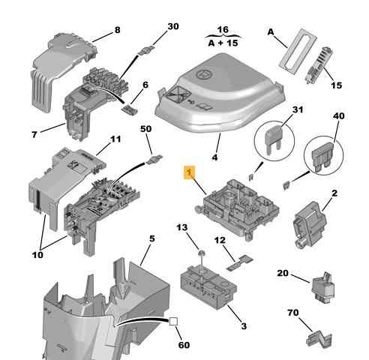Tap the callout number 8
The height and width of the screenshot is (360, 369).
(x=116, y=31)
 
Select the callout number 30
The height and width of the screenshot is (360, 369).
(x=173, y=26)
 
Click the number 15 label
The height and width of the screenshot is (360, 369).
(x=336, y=85)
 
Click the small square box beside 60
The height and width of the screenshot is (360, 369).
(x=173, y=322)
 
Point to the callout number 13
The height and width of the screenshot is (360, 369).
(x=182, y=227)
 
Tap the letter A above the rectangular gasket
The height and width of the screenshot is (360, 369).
(x=271, y=33)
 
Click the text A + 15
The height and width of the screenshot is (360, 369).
(x=222, y=43)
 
